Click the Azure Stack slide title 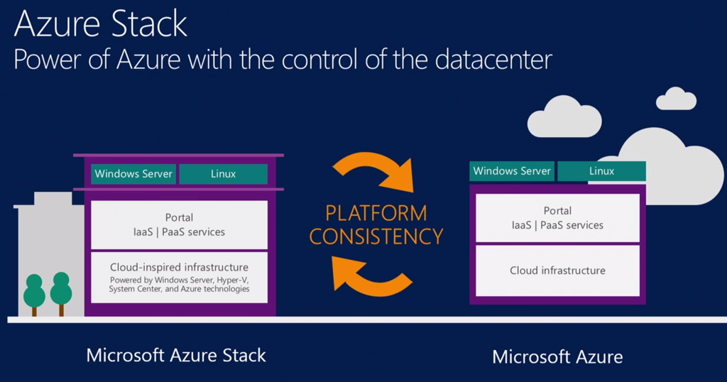[101, 23]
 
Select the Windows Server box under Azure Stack [133, 174]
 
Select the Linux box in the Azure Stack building [223, 174]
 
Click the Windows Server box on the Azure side [512, 171]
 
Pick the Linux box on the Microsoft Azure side [601, 171]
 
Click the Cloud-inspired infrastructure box [179, 277]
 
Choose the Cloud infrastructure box [557, 271]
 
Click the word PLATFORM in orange [376, 213]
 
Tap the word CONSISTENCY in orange [376, 236]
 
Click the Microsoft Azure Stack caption [176, 355]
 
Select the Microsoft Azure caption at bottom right [557, 356]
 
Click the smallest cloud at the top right [675, 99]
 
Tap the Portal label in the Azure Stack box [179, 217]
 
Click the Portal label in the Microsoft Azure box [557, 211]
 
